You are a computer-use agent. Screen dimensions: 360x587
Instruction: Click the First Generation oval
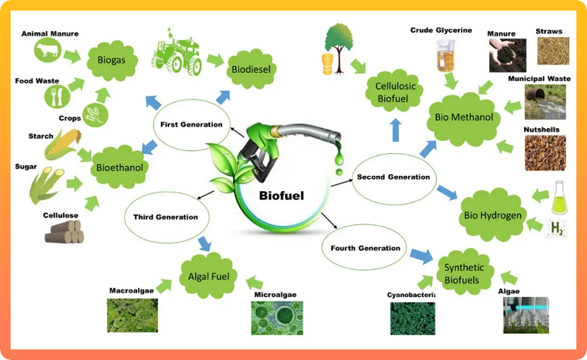coord(191,124)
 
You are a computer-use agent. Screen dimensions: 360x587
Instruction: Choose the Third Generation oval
coord(165,217)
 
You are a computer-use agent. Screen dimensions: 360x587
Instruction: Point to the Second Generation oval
coord(393,177)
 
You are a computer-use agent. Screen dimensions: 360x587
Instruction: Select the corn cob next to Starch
coord(63,144)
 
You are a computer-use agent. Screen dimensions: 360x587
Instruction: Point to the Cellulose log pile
coord(64,231)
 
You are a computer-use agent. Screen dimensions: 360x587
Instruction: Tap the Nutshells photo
coord(545,152)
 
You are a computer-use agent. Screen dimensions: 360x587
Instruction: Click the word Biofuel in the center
coord(281,195)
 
